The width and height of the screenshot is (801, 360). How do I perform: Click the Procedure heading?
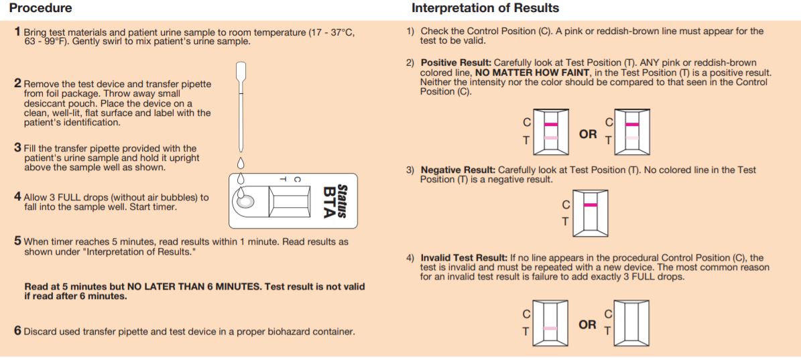[x=40, y=9]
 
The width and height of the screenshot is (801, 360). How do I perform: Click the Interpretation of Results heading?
[x=485, y=9]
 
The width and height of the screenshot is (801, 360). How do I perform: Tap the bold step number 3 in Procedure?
[x=17, y=147]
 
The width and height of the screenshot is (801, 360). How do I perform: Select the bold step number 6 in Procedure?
[x=17, y=331]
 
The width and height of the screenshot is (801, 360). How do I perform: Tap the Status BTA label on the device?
[x=335, y=201]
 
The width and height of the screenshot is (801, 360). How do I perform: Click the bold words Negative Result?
[x=458, y=170]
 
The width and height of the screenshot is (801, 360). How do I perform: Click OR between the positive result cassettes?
[x=587, y=134]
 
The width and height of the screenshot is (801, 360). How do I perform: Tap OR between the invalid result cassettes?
[x=587, y=324]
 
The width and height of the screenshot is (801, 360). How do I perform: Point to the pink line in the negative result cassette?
[x=591, y=204]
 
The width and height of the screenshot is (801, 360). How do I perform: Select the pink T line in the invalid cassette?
[x=550, y=328]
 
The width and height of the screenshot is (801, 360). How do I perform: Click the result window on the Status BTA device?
[x=289, y=202]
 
